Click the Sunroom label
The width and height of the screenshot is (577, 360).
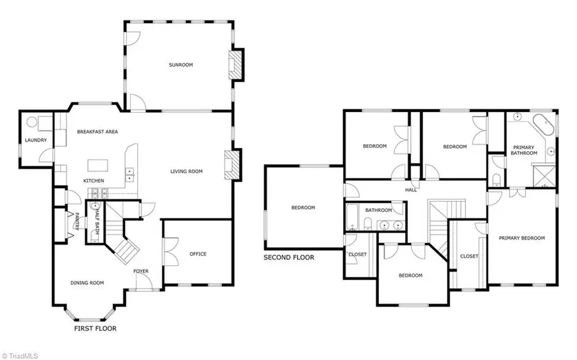(181, 65)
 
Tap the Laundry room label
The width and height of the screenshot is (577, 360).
(33, 140)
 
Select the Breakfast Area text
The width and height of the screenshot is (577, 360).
(97, 131)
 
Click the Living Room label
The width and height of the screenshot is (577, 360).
(187, 171)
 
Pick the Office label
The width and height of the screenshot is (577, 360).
(198, 254)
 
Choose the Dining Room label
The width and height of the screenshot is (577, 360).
(87, 282)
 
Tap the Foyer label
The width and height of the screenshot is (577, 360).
(141, 271)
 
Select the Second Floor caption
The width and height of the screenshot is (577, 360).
(289, 258)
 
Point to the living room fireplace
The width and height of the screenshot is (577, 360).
(232, 165)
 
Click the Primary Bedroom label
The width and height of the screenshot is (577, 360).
(522, 238)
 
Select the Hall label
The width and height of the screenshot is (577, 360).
(411, 190)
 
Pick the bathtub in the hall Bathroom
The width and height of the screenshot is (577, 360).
(352, 218)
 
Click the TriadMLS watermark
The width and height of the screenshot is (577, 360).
(21, 353)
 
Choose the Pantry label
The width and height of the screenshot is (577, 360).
(76, 222)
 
